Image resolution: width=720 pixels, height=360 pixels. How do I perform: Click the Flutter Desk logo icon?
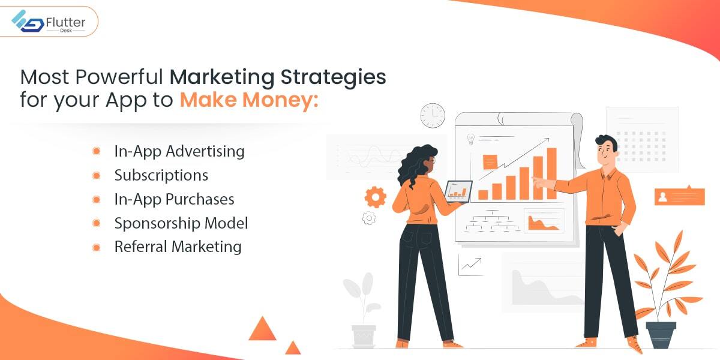click(x=28, y=21)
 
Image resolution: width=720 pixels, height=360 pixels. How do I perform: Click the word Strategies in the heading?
click(x=334, y=77)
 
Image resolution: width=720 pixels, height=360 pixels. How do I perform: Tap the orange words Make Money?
click(x=249, y=100)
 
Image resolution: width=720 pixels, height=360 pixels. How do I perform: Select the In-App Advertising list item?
click(x=179, y=151)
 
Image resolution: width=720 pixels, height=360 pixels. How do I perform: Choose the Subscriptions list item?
click(x=161, y=175)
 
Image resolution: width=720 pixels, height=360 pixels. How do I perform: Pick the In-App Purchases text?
click(x=174, y=199)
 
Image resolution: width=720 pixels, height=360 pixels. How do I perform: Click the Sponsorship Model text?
click(x=181, y=223)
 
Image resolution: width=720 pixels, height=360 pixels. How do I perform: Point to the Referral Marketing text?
click(x=178, y=247)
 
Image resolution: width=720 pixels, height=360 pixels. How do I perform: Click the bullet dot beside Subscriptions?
click(x=96, y=175)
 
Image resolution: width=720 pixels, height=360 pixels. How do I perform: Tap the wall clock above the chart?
click(x=433, y=115)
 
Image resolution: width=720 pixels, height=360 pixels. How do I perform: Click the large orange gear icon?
click(x=375, y=197)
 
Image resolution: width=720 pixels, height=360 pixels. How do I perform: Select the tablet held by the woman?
click(x=458, y=191)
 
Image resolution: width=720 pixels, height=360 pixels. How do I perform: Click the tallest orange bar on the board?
click(x=551, y=173)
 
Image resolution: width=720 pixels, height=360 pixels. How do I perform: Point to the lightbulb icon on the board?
click(x=470, y=139)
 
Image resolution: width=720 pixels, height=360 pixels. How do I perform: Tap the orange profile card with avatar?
click(x=679, y=196)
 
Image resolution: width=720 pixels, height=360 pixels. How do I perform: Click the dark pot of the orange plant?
click(x=661, y=335)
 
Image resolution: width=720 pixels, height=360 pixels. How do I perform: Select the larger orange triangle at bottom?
click(x=262, y=329)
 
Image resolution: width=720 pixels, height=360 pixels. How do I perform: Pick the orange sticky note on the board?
click(x=490, y=161)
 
